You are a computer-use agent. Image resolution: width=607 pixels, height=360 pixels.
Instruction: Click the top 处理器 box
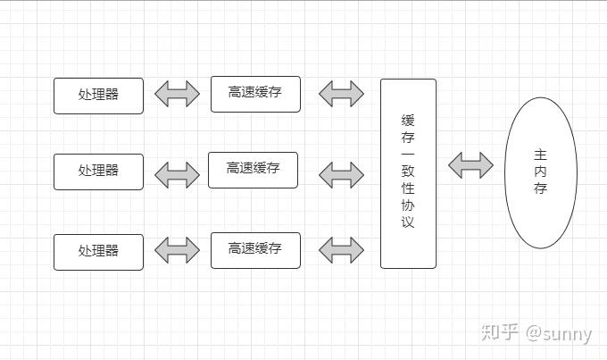(98, 96)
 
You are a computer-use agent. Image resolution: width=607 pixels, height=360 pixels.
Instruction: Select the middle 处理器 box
(98, 172)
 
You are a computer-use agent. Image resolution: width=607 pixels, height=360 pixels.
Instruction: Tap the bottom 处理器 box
(98, 251)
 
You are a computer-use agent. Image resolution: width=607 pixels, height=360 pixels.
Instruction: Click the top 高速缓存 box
(255, 94)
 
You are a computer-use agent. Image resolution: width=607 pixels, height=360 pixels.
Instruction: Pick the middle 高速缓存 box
(253, 170)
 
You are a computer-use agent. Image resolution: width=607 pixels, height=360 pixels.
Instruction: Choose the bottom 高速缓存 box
(255, 250)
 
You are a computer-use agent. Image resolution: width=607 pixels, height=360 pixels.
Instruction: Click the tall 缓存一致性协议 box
(408, 172)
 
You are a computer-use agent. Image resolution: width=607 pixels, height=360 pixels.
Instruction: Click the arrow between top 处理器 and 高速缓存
(177, 94)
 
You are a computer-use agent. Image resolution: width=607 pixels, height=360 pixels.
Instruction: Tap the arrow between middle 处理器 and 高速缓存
(177, 173)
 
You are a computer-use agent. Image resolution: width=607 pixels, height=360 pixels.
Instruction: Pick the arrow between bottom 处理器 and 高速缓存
(177, 250)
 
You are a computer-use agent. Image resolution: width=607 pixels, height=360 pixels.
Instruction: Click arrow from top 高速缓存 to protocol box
(341, 94)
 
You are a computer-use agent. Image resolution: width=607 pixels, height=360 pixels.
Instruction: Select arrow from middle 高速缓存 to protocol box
(341, 172)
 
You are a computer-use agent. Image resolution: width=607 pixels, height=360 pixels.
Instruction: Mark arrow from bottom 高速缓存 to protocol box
(341, 250)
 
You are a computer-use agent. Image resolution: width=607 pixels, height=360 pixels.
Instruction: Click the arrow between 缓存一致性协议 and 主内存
(470, 164)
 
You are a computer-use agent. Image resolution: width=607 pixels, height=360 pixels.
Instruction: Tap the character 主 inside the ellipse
(540, 154)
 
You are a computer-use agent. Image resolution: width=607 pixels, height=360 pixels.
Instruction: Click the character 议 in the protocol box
(408, 222)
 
